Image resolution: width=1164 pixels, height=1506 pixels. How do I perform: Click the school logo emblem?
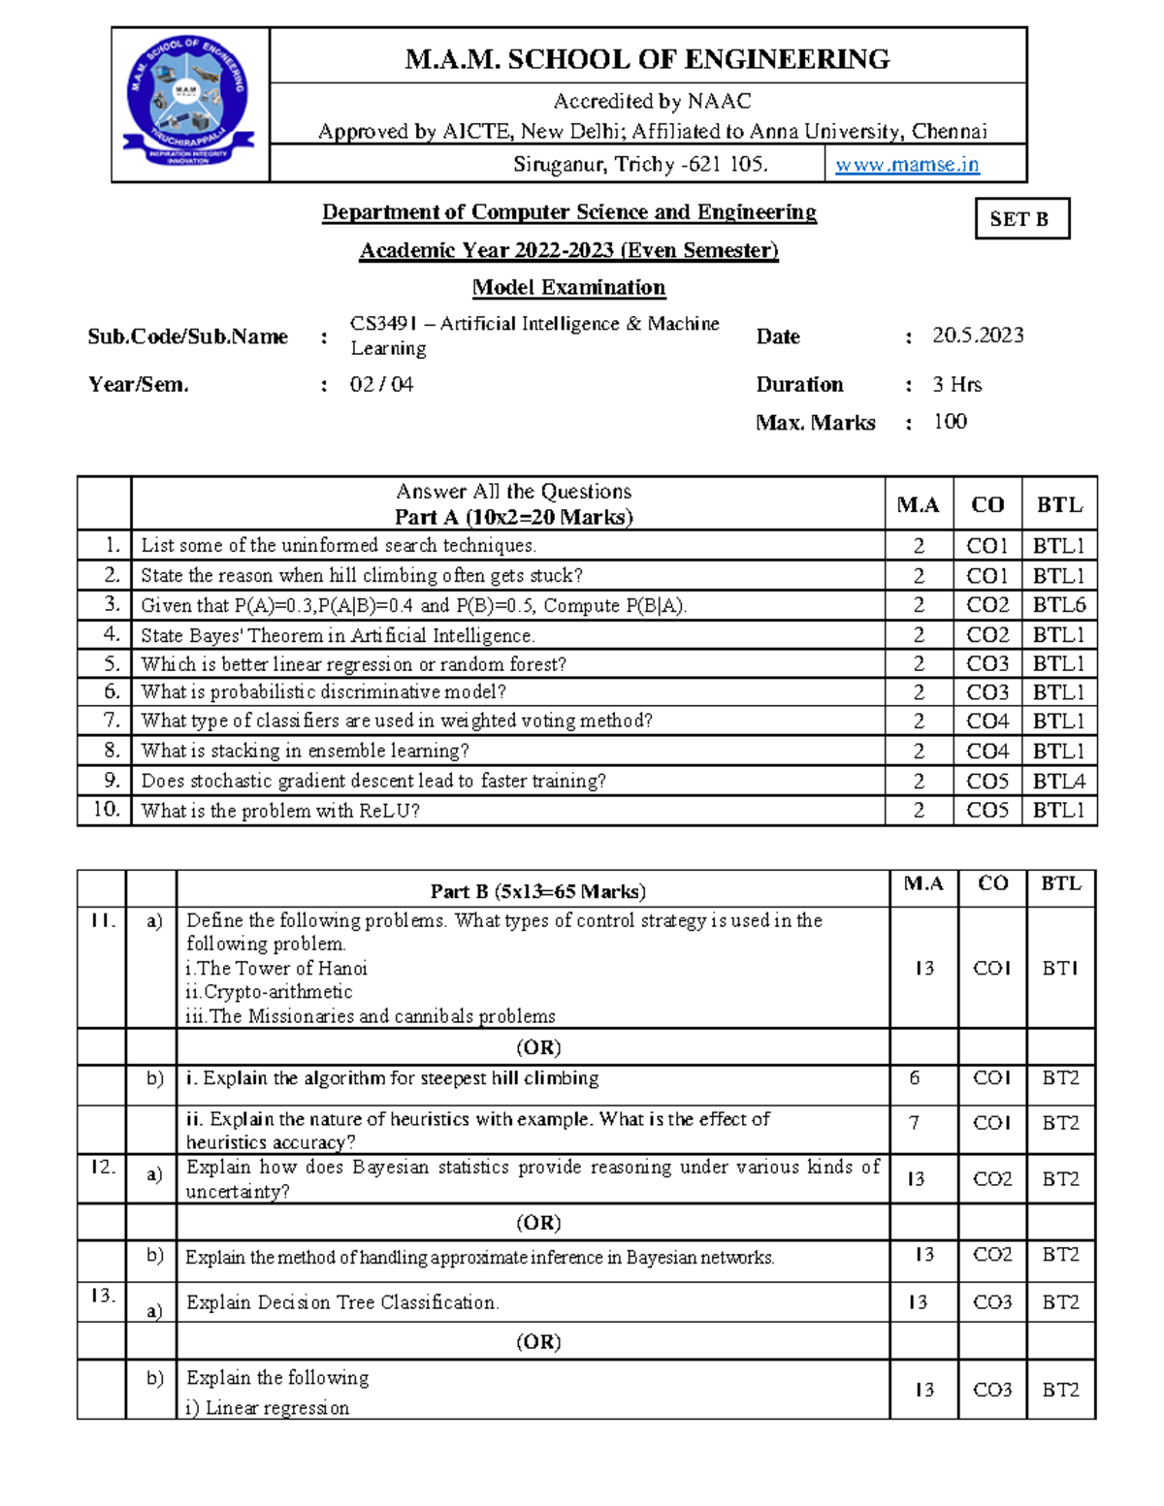point(189,104)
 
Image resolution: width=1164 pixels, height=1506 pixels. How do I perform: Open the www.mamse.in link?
point(907,165)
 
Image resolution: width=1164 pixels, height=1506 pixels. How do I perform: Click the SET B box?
point(1020,219)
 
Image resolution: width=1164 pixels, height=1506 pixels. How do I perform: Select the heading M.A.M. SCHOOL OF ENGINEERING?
point(647,59)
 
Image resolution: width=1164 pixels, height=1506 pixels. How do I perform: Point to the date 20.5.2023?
point(978,336)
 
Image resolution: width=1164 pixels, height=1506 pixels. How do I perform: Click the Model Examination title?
point(568,287)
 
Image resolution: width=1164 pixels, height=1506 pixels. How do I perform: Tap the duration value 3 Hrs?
point(956,384)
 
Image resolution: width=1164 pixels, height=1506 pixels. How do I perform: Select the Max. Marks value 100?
point(950,421)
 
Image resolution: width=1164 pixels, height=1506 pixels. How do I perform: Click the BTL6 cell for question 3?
point(1058,605)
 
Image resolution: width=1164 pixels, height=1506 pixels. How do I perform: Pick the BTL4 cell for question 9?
point(1058,781)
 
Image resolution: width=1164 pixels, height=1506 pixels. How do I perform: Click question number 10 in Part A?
point(106,810)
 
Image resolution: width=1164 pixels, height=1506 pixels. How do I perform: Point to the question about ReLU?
point(280,811)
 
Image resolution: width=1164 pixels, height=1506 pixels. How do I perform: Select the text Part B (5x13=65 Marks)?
point(537,891)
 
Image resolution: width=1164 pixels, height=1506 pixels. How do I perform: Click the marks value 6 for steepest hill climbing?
point(914,1077)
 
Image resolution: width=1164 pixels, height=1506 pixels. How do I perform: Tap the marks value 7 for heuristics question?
point(914,1123)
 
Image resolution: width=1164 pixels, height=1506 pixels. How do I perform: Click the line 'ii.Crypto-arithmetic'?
point(269,992)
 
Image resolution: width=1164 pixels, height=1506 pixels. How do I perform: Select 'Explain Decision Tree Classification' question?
point(342,1302)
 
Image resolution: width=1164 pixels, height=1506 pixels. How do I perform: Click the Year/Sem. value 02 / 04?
point(381,384)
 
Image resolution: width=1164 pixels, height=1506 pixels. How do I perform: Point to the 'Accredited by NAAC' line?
point(652,101)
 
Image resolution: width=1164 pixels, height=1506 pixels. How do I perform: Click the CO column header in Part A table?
point(986,504)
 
